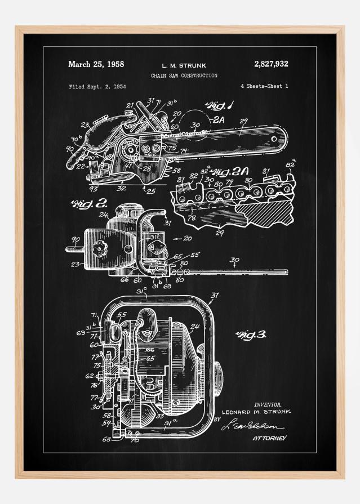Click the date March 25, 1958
[x=96, y=64]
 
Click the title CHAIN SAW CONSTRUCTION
[x=184, y=75]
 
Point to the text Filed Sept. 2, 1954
[x=97, y=87]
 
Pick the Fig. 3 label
[x=251, y=335]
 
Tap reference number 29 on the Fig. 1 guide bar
[x=243, y=122]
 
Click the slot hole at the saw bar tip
[x=275, y=139]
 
